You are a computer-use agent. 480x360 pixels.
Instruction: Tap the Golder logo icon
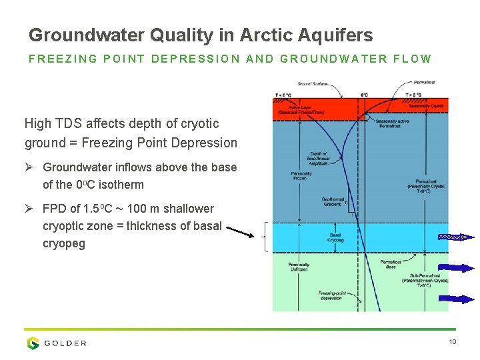click(33, 343)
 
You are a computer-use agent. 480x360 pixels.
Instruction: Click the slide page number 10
click(452, 342)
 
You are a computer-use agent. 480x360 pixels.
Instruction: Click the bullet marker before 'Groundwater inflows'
click(29, 167)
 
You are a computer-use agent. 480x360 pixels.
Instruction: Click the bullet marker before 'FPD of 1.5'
click(29, 209)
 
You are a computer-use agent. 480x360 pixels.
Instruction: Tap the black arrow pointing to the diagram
click(239, 231)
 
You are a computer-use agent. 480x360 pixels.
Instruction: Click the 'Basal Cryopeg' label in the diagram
click(336, 237)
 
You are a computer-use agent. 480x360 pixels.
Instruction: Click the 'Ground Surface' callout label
click(313, 84)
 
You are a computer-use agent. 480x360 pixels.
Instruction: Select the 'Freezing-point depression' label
click(331, 295)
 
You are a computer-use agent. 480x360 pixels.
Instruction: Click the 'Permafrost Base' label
click(391, 264)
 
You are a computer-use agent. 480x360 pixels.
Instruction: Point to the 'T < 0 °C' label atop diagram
click(283, 95)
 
